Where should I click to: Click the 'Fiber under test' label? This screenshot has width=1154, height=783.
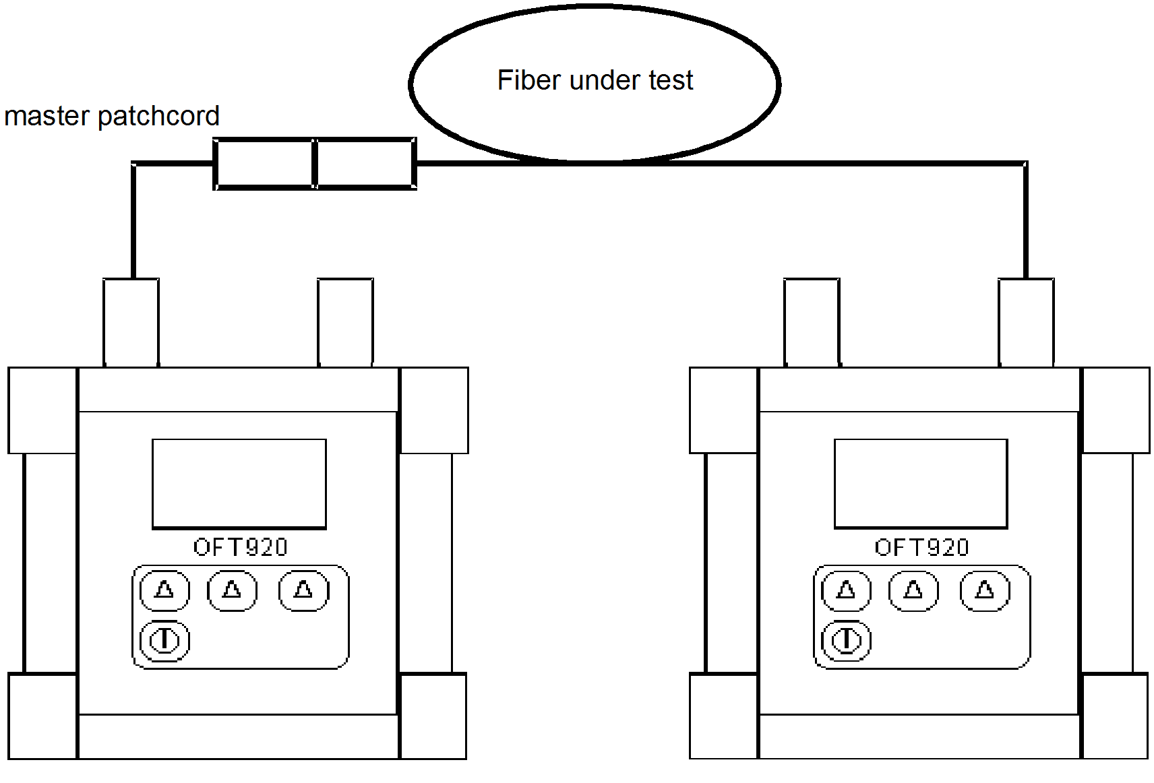pyautogui.click(x=595, y=80)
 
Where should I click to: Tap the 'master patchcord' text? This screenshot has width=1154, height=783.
pyautogui.click(x=112, y=116)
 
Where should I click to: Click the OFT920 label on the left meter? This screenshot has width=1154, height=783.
pyautogui.click(x=240, y=547)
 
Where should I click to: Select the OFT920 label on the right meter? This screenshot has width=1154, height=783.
pyautogui.click(x=921, y=547)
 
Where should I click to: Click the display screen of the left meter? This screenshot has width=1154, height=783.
pyautogui.click(x=239, y=483)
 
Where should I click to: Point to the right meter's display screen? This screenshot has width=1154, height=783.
pyautogui.click(x=921, y=483)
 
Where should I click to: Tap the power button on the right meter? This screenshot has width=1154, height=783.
pyautogui.click(x=846, y=639)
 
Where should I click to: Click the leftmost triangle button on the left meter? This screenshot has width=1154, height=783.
pyautogui.click(x=164, y=590)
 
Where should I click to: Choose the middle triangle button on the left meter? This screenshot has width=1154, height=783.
pyautogui.click(x=232, y=590)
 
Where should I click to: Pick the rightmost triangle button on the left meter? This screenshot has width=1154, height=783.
pyautogui.click(x=304, y=590)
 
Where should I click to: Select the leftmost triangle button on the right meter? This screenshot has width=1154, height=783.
pyautogui.click(x=846, y=590)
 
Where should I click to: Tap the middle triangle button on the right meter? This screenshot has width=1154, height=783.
pyautogui.click(x=913, y=590)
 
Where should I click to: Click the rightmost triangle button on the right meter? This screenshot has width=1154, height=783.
pyautogui.click(x=985, y=590)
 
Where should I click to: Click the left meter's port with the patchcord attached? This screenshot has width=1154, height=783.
pyautogui.click(x=131, y=322)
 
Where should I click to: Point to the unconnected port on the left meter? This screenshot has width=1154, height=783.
pyautogui.click(x=345, y=322)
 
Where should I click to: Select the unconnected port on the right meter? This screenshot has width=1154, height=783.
pyautogui.click(x=812, y=322)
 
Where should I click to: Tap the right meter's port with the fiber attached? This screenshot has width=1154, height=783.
pyautogui.click(x=1026, y=322)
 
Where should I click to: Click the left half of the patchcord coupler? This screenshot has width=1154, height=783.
pyautogui.click(x=264, y=164)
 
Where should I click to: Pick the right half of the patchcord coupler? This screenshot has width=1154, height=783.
pyautogui.click(x=365, y=164)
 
